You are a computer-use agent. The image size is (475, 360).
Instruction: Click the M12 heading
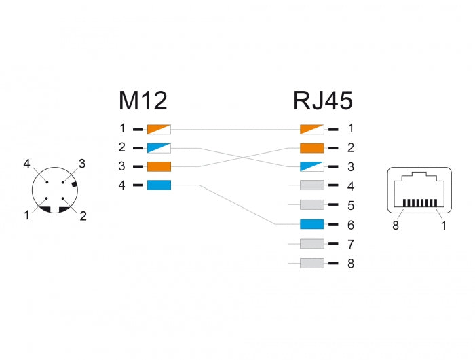(142, 101)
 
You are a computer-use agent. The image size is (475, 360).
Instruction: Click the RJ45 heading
(322, 101)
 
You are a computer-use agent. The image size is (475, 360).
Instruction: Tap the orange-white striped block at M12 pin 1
(159, 128)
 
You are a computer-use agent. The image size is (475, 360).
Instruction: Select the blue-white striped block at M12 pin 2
(159, 147)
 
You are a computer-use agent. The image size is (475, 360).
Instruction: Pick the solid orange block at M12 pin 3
(159, 166)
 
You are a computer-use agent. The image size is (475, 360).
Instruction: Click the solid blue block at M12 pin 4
(159, 185)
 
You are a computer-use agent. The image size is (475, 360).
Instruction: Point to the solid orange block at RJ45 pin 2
(311, 147)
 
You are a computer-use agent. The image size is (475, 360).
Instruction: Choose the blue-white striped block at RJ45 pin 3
(311, 166)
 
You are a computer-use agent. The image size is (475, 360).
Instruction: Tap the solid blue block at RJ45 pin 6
(311, 224)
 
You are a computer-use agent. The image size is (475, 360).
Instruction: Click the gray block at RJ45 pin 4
(311, 185)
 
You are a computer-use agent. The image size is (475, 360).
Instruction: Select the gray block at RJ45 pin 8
(311, 263)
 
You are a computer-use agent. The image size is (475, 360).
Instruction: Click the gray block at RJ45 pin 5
(311, 204)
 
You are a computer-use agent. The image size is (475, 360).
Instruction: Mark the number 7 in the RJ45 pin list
(350, 244)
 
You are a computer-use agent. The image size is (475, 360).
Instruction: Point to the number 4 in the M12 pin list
(122, 185)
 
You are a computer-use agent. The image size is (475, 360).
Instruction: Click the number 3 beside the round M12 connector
(81, 163)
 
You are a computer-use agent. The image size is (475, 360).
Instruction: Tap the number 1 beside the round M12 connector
(26, 215)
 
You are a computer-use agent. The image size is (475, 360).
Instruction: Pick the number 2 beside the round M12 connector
(82, 216)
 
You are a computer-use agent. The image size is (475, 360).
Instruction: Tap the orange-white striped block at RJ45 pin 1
(311, 128)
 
